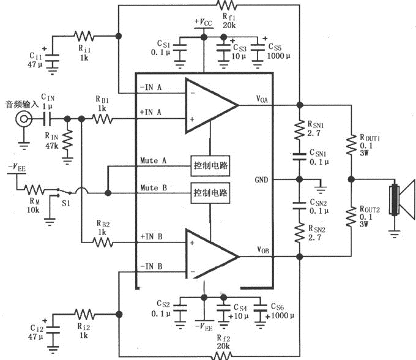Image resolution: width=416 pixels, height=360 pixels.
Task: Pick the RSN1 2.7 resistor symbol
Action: (x=299, y=130)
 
